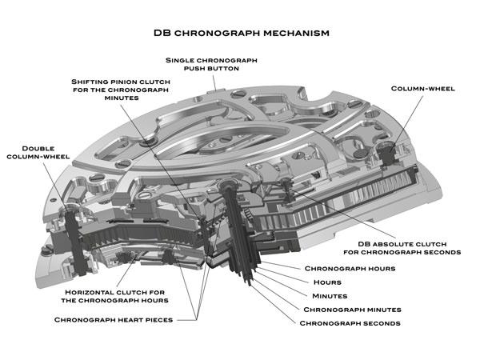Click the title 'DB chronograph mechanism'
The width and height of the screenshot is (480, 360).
[241, 34]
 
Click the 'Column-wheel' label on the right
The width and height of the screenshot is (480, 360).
[423, 88]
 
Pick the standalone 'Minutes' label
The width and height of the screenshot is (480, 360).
[330, 296]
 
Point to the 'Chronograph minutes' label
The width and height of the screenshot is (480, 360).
[352, 309]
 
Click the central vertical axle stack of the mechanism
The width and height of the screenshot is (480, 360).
[240, 232]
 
